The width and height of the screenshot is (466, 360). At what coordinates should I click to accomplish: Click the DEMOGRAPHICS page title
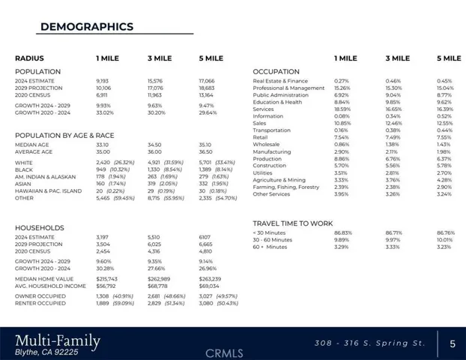tap(86, 27)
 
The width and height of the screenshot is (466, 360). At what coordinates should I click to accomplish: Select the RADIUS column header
tap(29, 58)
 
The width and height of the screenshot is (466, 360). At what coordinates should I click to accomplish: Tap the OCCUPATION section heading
tap(276, 72)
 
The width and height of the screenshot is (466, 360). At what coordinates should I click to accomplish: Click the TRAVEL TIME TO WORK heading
tap(292, 223)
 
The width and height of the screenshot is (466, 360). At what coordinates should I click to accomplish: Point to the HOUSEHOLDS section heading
tap(39, 228)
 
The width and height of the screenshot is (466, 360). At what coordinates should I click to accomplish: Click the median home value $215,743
tap(108, 279)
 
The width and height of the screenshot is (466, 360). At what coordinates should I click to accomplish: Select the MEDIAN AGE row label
tap(32, 145)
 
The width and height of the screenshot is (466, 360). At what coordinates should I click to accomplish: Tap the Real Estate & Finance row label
tap(280, 81)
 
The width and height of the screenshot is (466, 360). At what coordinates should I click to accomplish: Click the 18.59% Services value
tap(342, 109)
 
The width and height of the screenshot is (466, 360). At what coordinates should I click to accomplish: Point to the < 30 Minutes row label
tap(270, 233)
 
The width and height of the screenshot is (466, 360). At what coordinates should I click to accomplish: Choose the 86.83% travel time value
tap(342, 233)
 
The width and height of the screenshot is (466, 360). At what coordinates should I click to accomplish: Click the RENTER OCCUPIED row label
tap(39, 303)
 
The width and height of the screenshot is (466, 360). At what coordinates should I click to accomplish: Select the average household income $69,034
tap(209, 286)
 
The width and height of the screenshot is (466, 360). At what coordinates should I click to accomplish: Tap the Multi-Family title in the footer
tap(58, 341)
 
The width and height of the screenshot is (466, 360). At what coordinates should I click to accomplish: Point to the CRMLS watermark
tap(225, 352)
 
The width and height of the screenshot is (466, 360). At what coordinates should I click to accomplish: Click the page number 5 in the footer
tap(452, 344)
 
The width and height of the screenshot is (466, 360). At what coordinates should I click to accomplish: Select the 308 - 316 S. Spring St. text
tap(369, 343)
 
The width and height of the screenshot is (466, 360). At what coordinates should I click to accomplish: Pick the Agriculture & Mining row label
tap(279, 180)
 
